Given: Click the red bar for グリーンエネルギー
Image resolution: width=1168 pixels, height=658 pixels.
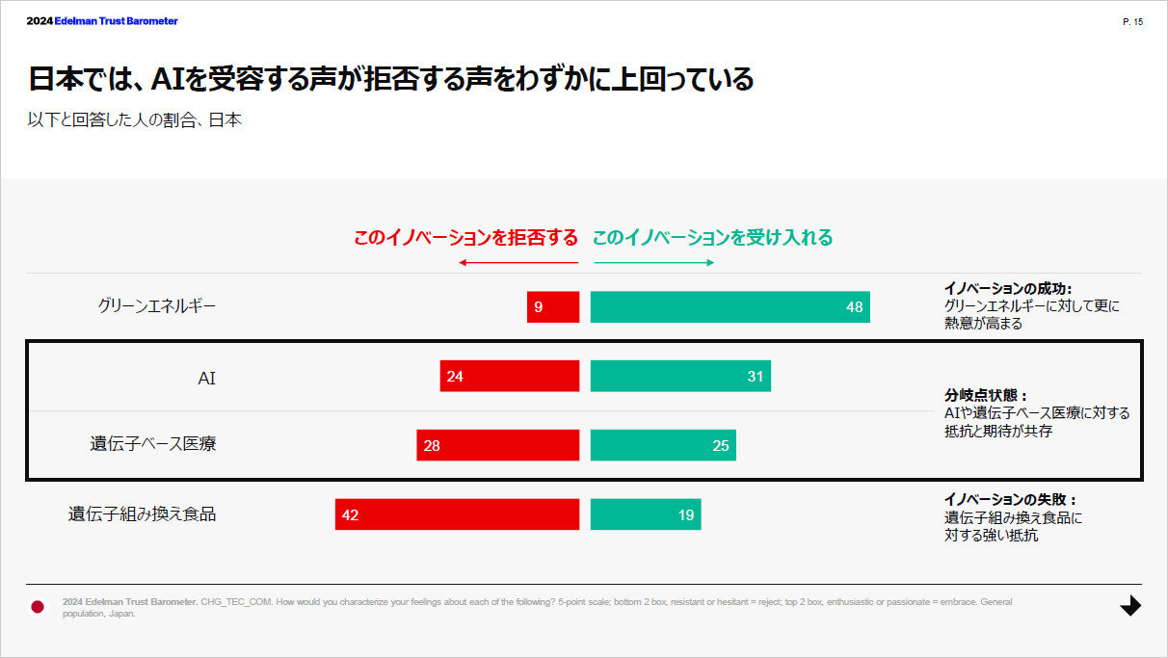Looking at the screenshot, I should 553,306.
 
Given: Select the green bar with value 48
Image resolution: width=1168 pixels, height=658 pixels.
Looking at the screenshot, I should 730,306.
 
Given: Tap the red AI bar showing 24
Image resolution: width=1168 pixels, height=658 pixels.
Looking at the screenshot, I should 510,376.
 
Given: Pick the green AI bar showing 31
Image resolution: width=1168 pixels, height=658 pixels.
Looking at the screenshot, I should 680,376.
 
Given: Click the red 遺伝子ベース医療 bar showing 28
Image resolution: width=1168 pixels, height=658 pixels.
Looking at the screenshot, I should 498,445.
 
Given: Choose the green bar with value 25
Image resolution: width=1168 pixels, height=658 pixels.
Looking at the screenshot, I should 663,445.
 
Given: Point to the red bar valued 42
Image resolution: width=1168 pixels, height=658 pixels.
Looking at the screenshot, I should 457,514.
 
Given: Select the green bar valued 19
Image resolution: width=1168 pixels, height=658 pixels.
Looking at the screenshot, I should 646,514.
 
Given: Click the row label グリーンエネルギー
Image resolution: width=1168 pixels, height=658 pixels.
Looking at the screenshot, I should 157,306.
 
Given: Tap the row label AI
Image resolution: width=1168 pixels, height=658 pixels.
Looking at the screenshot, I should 206,377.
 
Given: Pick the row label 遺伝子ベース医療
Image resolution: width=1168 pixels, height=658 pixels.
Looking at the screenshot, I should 153,445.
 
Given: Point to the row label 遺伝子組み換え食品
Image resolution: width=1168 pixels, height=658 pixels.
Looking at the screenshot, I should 142,514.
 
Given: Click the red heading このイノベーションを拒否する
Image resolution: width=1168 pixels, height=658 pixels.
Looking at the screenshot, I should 465,237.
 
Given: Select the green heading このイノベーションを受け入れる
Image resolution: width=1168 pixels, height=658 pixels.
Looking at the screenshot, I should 712,237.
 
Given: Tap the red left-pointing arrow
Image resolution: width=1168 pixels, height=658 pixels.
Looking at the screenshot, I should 518,263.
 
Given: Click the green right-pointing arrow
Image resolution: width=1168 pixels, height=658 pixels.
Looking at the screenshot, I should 653,263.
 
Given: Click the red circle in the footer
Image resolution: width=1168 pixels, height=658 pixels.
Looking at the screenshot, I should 38,606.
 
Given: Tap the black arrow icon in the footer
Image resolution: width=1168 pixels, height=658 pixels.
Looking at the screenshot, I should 1130,606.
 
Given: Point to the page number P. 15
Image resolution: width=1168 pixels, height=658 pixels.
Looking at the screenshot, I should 1132,21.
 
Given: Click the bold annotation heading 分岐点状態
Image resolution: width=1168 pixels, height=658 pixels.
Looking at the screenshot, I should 985,395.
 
